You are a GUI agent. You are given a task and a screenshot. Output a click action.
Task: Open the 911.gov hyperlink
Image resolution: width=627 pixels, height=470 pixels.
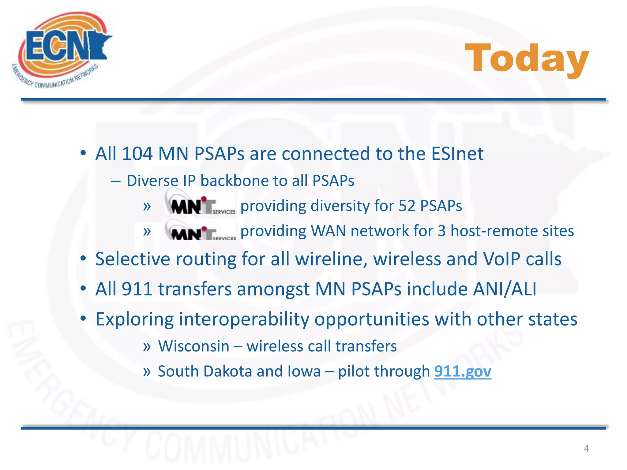click(x=463, y=371)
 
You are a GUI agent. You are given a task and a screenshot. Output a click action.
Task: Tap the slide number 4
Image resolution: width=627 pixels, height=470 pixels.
click(x=586, y=449)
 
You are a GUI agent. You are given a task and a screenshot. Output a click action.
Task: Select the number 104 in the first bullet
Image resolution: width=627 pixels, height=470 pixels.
click(x=137, y=154)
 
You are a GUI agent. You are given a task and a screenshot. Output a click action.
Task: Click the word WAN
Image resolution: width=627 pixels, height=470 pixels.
click(x=329, y=231)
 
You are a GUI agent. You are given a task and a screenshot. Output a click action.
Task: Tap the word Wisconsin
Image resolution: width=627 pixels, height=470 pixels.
click(x=193, y=346)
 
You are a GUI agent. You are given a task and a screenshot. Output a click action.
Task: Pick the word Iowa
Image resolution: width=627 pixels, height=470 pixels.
click(x=304, y=371)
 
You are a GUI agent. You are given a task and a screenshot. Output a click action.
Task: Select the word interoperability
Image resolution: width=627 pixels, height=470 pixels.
click(x=244, y=319)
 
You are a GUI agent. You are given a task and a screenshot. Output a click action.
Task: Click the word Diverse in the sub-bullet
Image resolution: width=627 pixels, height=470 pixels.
click(x=152, y=181)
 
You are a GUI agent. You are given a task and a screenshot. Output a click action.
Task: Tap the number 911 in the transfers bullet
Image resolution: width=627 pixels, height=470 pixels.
click(x=137, y=289)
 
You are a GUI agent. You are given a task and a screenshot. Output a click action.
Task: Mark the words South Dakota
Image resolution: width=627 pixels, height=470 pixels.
click(x=205, y=371)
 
